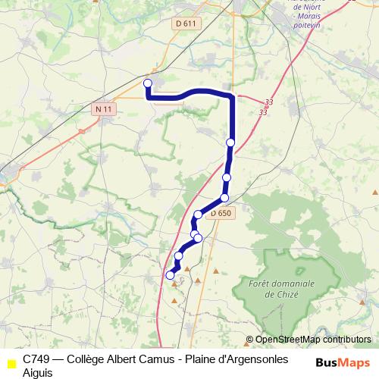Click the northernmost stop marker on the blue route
[148, 83]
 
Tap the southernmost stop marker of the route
[170, 276]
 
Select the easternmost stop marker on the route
[230, 143]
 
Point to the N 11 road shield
[105, 109]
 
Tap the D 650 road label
[221, 214]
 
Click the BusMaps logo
[343, 362]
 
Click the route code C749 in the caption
[36, 358]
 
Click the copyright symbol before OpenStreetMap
[249, 340]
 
